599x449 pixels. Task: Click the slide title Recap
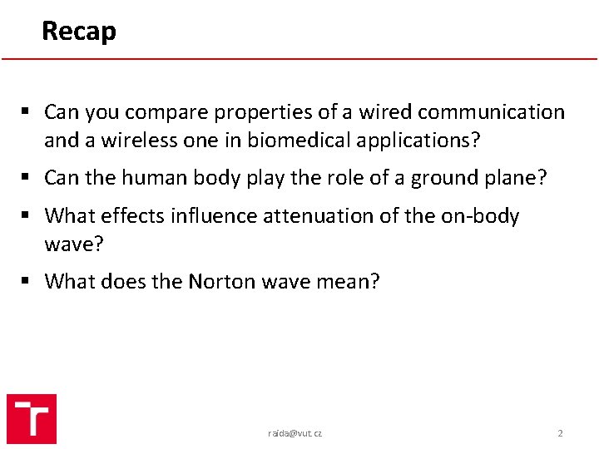[79, 31]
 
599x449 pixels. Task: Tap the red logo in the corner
[32, 418]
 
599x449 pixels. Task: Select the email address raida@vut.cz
[295, 433]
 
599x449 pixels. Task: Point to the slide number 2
[560, 433]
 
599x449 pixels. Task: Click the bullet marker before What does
[28, 281]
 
